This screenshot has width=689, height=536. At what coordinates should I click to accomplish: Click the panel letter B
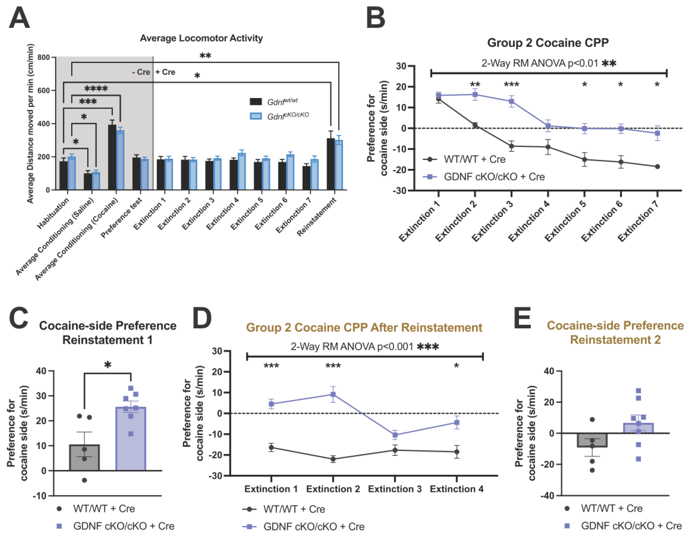tap(375, 18)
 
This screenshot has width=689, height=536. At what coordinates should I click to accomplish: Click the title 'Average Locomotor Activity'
tap(201, 38)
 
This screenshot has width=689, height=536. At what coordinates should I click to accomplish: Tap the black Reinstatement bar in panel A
tap(331, 164)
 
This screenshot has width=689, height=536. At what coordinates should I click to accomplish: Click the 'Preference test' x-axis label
tap(122, 218)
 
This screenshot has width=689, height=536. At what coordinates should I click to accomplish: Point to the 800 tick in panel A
tap(44, 57)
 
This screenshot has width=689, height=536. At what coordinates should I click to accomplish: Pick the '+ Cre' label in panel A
tap(165, 72)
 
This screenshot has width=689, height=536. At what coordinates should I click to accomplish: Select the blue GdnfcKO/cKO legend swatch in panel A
tap(255, 116)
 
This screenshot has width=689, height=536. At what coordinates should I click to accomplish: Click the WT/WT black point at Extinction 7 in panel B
tap(657, 166)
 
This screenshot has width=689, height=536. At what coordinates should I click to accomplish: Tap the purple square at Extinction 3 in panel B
tap(511, 101)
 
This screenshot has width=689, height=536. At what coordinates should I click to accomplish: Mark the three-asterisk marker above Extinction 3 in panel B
tap(511, 84)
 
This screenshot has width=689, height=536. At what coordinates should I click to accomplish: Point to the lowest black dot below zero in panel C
tap(84, 480)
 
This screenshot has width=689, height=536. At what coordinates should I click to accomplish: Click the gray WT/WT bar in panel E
tap(592, 440)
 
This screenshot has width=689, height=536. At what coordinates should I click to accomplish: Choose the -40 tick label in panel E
tap(548, 495)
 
